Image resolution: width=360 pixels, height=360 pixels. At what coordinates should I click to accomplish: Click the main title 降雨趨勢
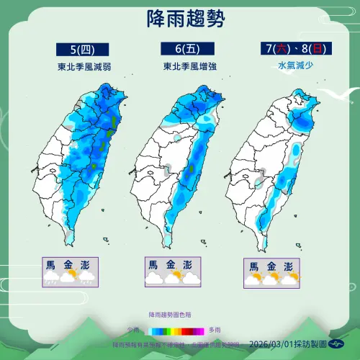(179, 16)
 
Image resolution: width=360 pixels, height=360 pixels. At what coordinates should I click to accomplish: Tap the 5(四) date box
(83, 50)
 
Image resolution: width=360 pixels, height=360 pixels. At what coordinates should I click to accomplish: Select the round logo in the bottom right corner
(336, 344)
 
